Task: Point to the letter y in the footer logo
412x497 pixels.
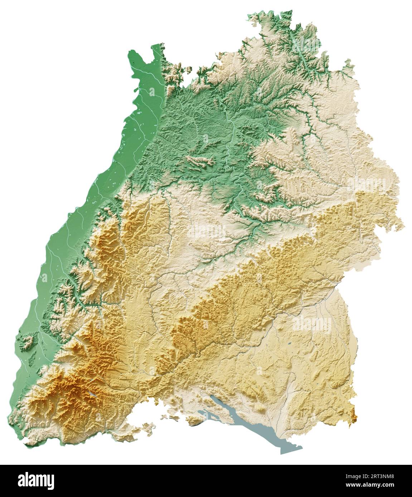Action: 50,481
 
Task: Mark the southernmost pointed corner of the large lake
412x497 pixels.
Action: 283,453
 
